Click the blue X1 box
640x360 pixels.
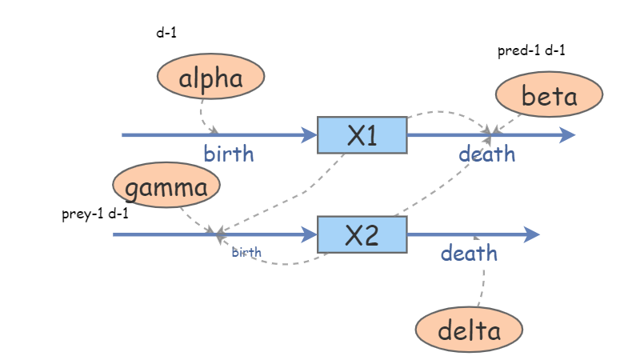362,135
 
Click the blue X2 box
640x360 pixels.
362,234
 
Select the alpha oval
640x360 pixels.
210,78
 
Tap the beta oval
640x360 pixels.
549,96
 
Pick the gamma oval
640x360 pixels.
166,186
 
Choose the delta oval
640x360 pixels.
469,330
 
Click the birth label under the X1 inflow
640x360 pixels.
228,154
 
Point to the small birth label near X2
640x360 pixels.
246,253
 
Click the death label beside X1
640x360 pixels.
486,154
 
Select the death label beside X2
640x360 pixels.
469,254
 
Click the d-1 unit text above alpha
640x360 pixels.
166,34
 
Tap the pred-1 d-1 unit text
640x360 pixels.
532,51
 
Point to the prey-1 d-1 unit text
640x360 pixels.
94,214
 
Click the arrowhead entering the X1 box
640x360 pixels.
310,135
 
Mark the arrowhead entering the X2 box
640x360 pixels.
310,234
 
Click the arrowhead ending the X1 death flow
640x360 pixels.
567,135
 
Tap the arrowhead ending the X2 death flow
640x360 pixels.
533,234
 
